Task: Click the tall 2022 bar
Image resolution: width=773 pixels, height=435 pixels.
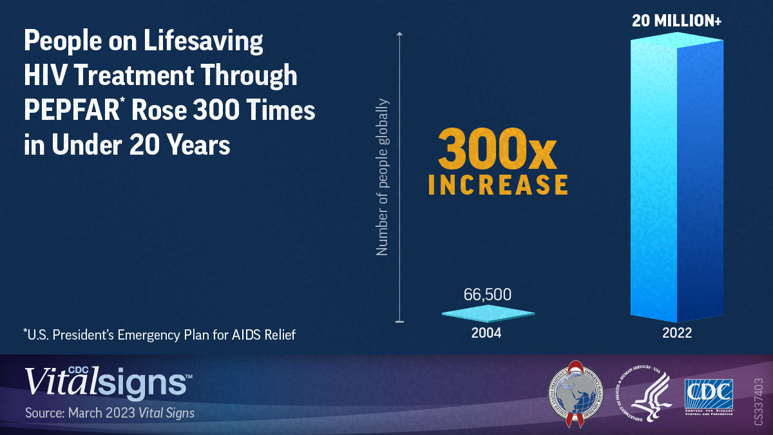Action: [676, 180]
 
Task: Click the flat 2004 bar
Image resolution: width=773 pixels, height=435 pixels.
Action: [488, 314]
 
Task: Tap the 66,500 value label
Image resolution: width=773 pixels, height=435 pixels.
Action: [488, 295]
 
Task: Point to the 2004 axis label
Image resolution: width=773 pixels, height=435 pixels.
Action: [488, 333]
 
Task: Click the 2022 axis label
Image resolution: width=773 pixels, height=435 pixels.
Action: [676, 333]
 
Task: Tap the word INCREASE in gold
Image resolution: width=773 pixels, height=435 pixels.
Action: [498, 184]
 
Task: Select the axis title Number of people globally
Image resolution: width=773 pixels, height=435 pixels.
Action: [383, 177]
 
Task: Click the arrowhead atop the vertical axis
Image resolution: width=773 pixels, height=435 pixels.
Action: [399, 34]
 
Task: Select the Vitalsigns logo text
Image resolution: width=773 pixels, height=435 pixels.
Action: [106, 382]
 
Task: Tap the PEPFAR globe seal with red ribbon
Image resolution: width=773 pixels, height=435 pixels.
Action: [576, 393]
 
